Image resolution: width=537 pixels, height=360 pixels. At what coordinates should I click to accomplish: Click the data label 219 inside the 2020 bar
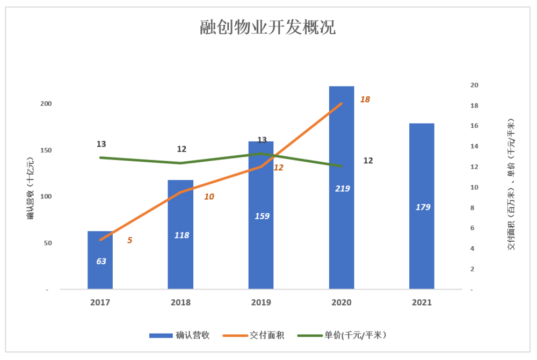pos(342,188)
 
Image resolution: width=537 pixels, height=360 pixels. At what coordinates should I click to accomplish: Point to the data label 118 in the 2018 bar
pos(181,235)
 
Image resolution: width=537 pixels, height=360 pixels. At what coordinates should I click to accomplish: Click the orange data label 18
pos(365,99)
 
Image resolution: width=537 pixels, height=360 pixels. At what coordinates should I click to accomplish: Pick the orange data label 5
pos(129,240)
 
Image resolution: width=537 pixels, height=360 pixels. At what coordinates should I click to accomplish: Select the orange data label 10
pos(209,197)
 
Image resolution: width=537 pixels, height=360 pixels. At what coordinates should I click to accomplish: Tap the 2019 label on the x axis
pos(261,303)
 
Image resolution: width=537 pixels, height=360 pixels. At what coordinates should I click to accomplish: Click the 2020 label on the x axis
pos(342,303)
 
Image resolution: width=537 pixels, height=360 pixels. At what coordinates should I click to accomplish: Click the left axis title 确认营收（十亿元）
pos(31,188)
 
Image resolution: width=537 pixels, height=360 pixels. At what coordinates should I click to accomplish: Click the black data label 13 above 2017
pos(101,144)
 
